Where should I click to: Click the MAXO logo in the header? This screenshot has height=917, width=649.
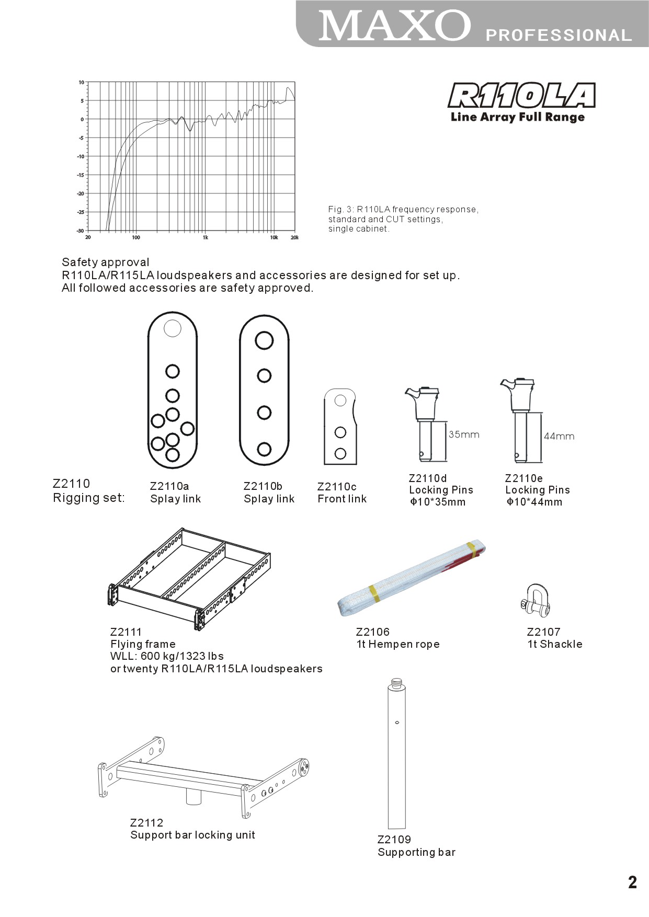(395, 26)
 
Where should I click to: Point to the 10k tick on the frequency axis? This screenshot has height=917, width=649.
(274, 237)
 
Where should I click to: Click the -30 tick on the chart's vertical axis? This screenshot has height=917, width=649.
(81, 231)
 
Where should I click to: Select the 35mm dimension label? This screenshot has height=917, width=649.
(464, 434)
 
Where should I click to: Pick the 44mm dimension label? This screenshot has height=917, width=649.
(559, 436)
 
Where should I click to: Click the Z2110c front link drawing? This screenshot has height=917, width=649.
(341, 426)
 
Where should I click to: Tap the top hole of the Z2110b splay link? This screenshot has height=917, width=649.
(264, 340)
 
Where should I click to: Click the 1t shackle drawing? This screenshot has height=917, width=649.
(536, 601)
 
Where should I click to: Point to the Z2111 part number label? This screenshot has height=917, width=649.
(126, 632)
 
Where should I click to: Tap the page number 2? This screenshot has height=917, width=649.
(632, 882)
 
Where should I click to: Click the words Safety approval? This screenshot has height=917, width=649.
(106, 262)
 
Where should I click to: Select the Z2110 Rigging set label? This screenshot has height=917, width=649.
(89, 490)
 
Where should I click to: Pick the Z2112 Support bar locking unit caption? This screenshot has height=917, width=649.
(192, 829)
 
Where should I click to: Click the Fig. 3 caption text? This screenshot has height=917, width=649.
(403, 219)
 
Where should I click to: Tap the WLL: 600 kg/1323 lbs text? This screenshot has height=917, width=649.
(167, 656)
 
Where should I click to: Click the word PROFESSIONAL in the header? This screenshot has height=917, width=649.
(559, 36)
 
